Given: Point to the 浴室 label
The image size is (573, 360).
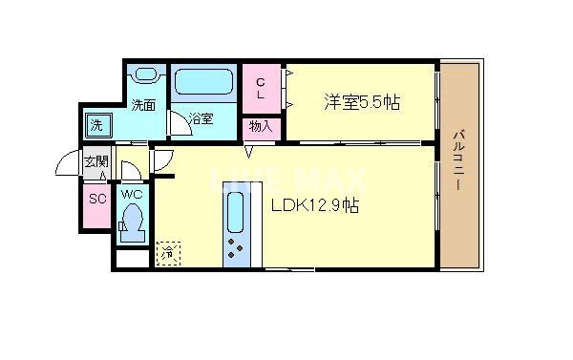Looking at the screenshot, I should click(201, 119).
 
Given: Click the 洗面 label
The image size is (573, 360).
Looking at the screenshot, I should click(143, 106).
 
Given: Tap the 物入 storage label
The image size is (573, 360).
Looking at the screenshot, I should click(261, 126).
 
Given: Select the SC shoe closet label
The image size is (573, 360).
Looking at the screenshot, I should click(95, 200).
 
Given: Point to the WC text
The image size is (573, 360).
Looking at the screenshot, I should click(131, 195).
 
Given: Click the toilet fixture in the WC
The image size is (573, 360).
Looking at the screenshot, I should click(132, 227).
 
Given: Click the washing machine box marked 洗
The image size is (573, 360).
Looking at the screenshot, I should click(97, 125).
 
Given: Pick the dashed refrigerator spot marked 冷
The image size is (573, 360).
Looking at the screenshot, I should click(168, 253).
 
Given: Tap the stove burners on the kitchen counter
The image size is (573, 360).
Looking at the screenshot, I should click(235, 249).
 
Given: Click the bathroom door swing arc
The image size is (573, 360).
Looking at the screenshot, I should click(178, 123).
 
